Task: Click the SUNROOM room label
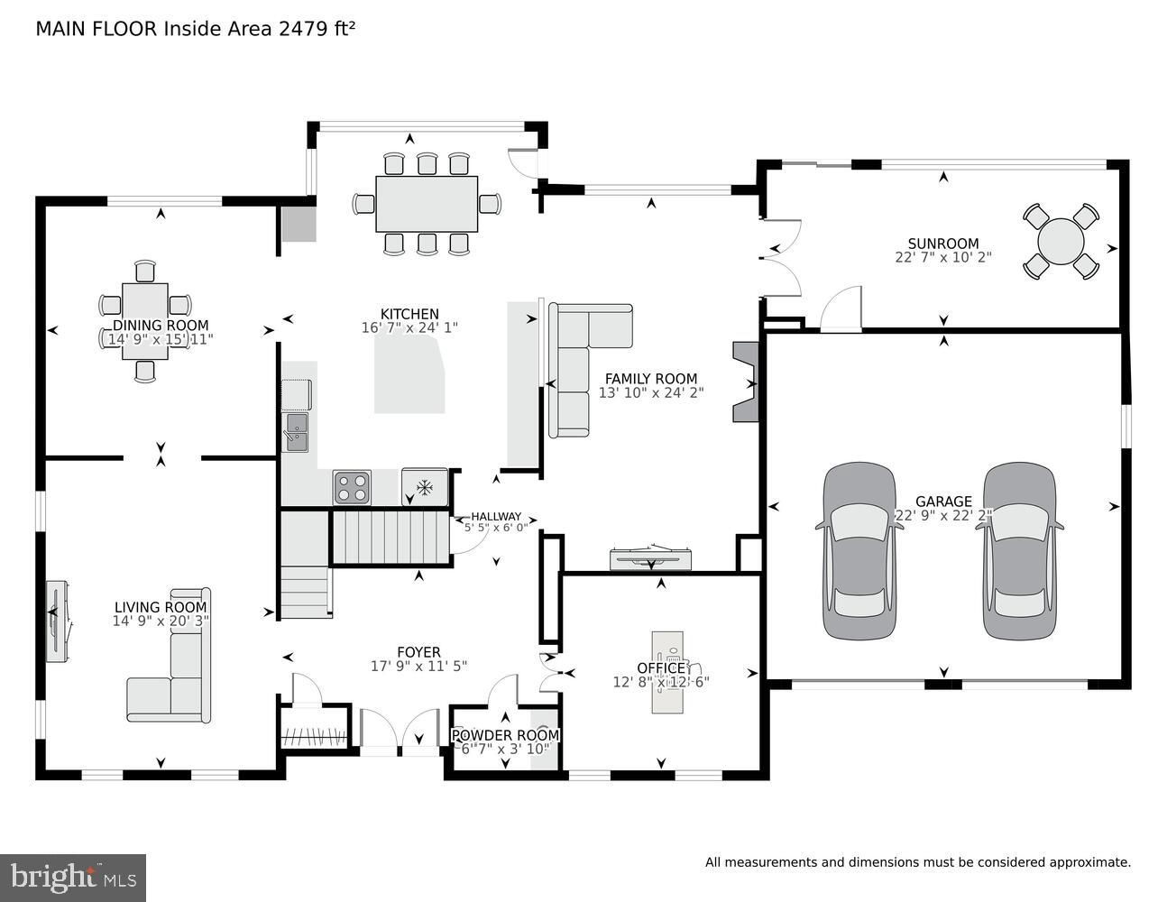click(942, 244)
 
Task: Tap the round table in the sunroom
click(1061, 242)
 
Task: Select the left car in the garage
click(859, 551)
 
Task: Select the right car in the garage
click(1019, 551)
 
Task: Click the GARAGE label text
click(943, 502)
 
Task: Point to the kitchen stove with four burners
click(352, 487)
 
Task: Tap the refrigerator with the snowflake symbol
click(424, 487)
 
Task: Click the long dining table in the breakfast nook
click(427, 204)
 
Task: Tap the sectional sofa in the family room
click(577, 361)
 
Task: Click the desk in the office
click(667, 668)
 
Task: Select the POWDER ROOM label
click(505, 735)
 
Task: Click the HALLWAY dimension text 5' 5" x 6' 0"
click(496, 528)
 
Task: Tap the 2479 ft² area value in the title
click(315, 29)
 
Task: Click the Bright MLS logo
click(73, 876)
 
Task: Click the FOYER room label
click(418, 652)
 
